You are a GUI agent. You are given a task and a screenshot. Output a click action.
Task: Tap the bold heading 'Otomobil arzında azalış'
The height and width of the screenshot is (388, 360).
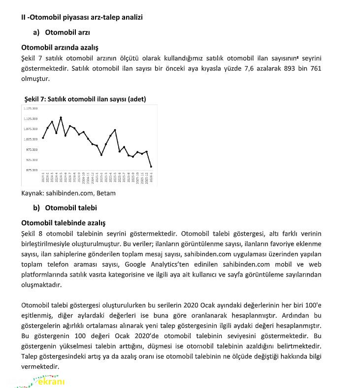(x=60, y=48)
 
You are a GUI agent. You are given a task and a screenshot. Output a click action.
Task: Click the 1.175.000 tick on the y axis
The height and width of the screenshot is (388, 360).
(x=31, y=108)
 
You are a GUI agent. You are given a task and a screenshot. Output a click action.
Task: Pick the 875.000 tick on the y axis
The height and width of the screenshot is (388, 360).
(x=31, y=170)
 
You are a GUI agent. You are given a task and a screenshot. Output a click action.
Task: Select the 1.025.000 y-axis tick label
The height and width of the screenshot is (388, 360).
(x=31, y=139)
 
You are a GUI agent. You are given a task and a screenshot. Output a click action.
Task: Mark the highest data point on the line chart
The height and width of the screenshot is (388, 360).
(x=61, y=117)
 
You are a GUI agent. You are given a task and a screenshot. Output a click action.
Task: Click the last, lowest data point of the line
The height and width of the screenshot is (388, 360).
(x=151, y=167)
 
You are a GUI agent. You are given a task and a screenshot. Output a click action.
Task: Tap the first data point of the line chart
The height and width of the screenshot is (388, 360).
(x=43, y=138)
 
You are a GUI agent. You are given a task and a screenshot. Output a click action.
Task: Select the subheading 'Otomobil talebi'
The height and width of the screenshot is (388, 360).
(x=71, y=208)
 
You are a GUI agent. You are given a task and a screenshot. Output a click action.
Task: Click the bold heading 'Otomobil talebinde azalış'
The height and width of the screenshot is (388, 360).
(x=63, y=223)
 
